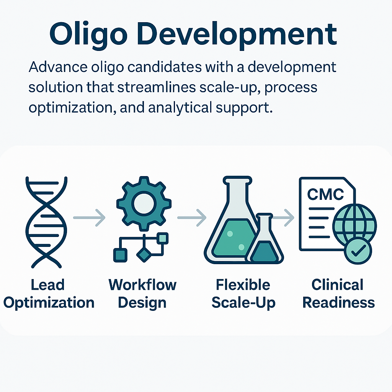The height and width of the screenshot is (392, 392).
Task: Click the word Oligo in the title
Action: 88,34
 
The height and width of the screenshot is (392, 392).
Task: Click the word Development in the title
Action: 237,34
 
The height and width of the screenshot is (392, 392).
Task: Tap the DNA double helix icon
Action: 46,222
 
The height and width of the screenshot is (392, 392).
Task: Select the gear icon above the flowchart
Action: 144,204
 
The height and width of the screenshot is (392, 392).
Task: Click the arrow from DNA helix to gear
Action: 89,218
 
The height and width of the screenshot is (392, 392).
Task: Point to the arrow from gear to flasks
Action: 192,218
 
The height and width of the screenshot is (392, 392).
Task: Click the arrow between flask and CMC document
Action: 283,218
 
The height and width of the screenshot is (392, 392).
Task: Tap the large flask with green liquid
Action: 231,220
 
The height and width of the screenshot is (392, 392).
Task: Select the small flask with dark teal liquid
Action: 265,240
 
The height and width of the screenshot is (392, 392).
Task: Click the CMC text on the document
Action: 325,194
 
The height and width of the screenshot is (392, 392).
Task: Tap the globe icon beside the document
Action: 354,223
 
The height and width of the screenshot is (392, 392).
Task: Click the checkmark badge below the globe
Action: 358,251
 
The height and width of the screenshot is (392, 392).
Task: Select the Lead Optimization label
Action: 49,294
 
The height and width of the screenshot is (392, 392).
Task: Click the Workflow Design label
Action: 142,294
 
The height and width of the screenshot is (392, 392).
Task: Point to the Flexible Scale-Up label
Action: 243,294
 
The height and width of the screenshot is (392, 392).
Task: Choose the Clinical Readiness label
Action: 338,294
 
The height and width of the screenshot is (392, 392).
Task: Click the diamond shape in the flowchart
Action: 144,255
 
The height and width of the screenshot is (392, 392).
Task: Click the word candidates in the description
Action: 165,67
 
